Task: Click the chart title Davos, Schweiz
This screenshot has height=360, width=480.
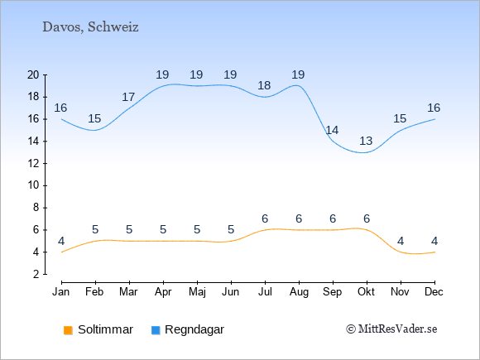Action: [90, 27]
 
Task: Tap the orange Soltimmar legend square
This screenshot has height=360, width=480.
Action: [68, 330]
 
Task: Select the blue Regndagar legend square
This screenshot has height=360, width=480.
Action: [156, 330]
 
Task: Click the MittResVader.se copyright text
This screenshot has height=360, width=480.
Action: [391, 329]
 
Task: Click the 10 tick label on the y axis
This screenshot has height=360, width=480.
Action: [33, 185]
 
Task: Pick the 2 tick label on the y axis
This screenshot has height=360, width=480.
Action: [36, 274]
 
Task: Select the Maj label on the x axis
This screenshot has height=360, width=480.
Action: [197, 292]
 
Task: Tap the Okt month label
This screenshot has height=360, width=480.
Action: [366, 292]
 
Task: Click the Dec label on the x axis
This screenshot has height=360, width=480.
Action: [434, 292]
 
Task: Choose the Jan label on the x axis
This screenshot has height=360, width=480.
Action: [61, 292]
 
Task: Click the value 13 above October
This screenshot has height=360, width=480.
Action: [366, 142]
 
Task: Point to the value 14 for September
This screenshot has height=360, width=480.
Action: [332, 130]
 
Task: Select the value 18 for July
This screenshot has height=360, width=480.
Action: [264, 85]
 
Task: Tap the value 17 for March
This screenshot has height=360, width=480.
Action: [128, 97]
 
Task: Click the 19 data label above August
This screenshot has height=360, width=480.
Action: [298, 74]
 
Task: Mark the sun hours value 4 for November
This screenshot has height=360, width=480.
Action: [401, 241]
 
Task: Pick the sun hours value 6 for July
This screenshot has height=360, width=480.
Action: [265, 218]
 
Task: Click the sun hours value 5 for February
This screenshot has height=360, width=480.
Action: [95, 229]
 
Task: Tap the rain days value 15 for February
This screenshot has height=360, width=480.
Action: [94, 118]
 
